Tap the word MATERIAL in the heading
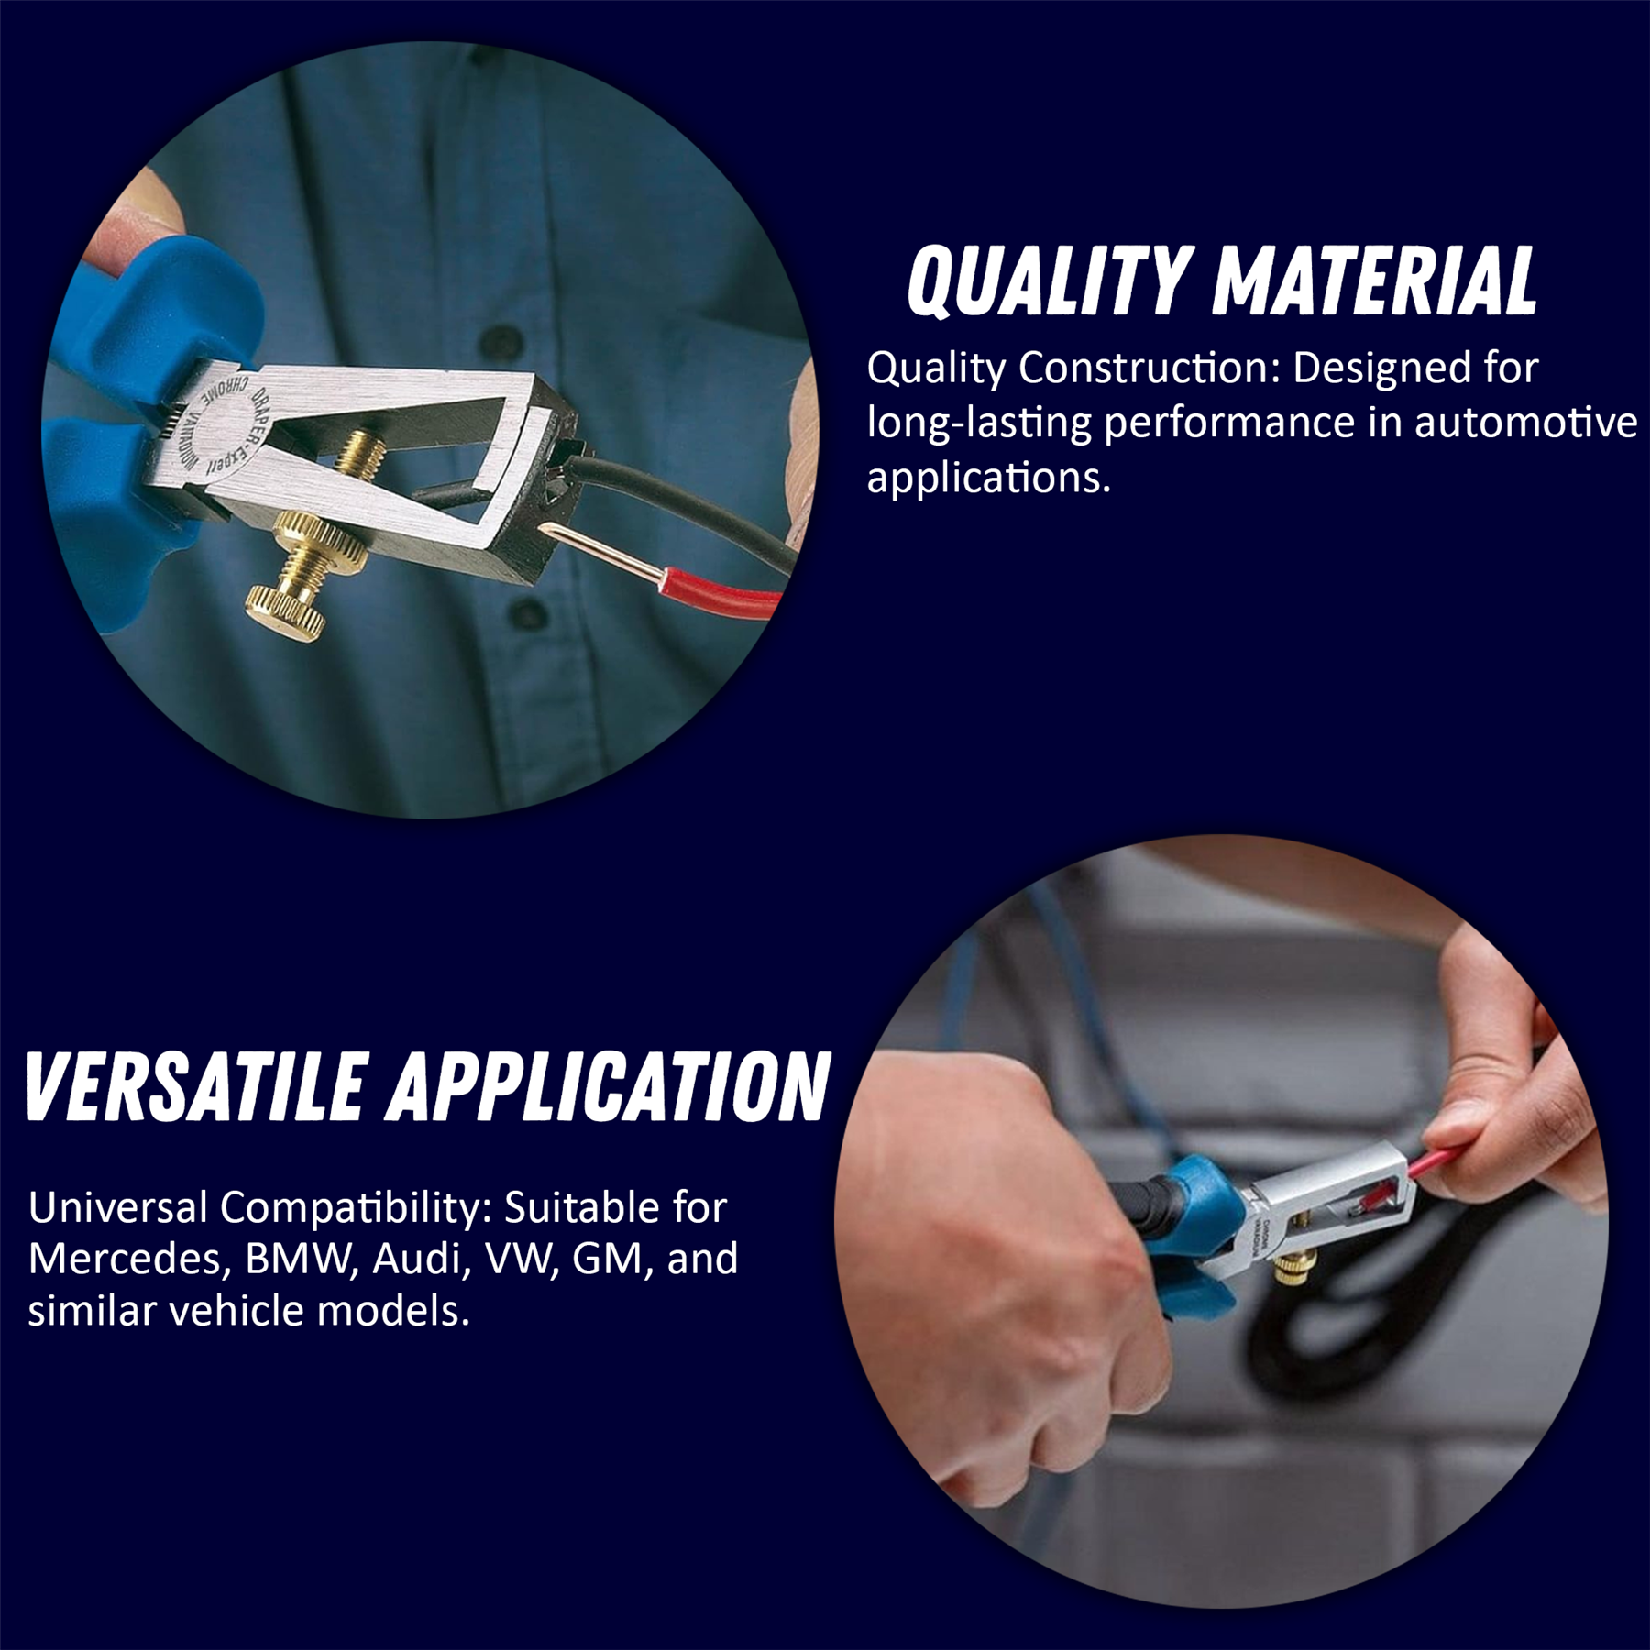point(1372,280)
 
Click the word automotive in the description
point(1525,423)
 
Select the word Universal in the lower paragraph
point(117,1207)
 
